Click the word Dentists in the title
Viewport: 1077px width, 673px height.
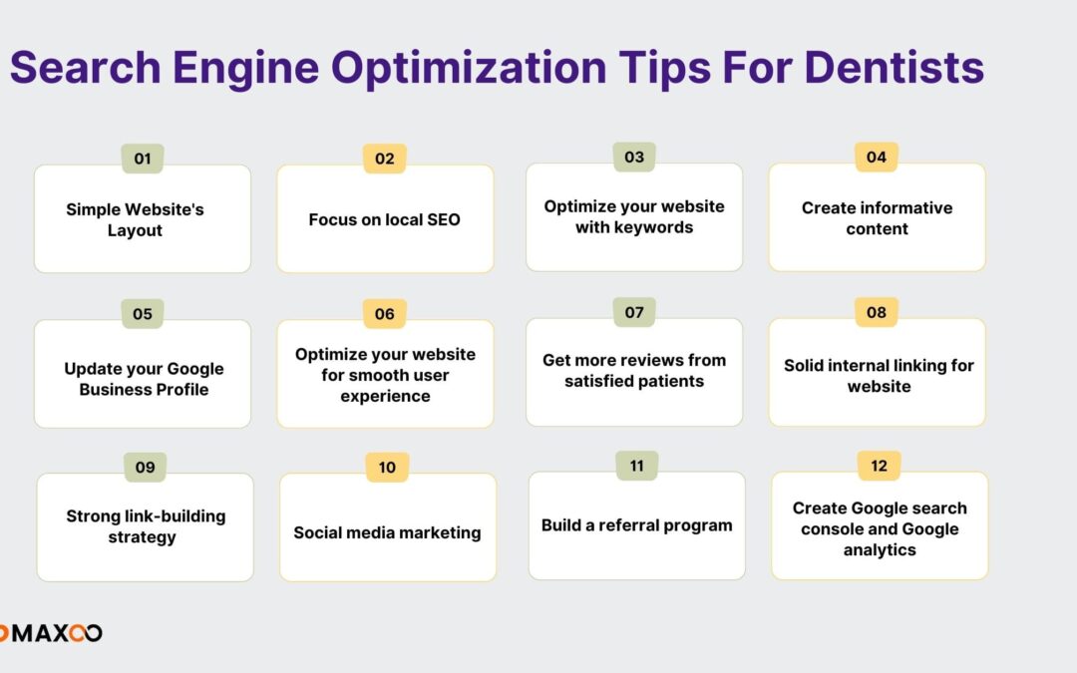[894, 68]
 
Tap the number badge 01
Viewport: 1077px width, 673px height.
[143, 159]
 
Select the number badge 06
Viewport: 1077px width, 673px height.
[385, 314]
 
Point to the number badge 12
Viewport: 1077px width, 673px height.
[879, 466]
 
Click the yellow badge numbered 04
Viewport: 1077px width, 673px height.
[876, 157]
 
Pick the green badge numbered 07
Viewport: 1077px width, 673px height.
[634, 312]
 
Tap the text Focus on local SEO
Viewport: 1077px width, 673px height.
[384, 219]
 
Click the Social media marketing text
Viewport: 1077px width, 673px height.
[387, 532]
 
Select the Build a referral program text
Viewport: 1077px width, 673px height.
[636, 525]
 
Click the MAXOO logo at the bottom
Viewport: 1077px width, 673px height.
[51, 632]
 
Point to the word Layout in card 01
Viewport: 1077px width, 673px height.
[135, 230]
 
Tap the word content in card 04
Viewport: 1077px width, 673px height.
[878, 228]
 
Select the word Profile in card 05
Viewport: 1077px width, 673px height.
[182, 390]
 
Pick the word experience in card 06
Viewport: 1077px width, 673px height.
[385, 396]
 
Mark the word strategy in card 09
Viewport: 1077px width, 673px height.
[143, 537]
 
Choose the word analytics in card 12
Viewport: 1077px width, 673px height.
[880, 550]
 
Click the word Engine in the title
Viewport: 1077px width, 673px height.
[246, 68]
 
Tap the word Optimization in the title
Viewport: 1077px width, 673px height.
[469, 68]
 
